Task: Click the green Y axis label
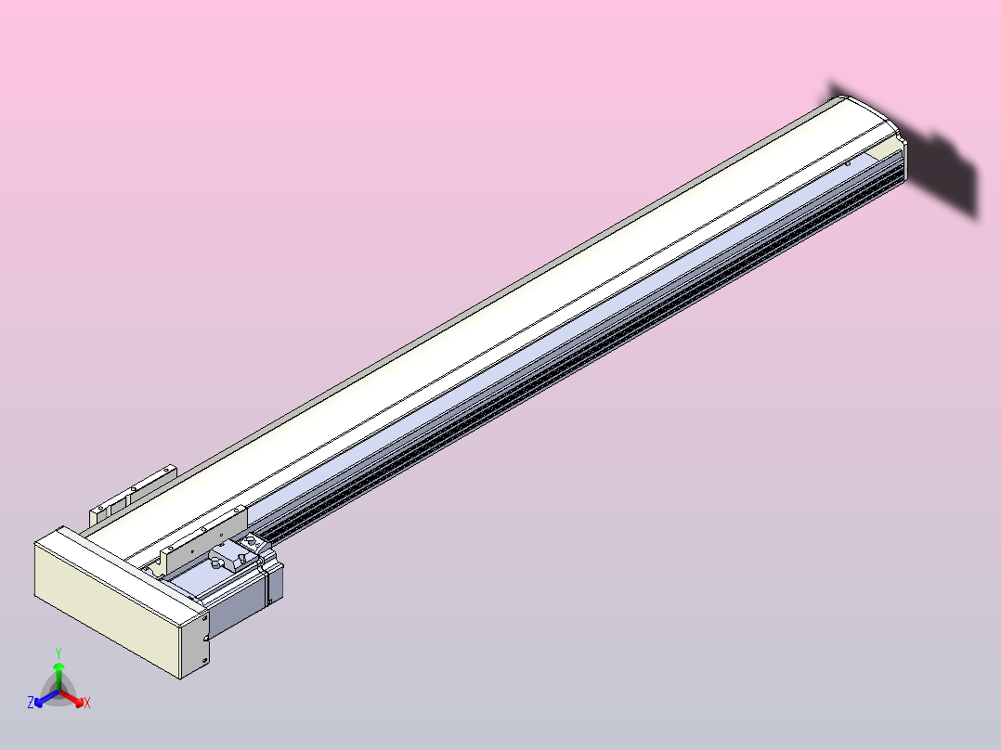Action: pyautogui.click(x=58, y=653)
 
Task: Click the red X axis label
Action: pyautogui.click(x=86, y=704)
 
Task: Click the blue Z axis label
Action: pyautogui.click(x=31, y=704)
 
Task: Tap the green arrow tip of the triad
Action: pyautogui.click(x=58, y=666)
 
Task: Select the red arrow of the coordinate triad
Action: pyautogui.click(x=73, y=697)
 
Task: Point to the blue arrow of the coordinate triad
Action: pyautogui.click(x=44, y=697)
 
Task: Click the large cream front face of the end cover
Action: pyautogui.click(x=102, y=608)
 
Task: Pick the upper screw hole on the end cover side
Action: pyautogui.click(x=203, y=616)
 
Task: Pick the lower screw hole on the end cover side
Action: pyautogui.click(x=203, y=660)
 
